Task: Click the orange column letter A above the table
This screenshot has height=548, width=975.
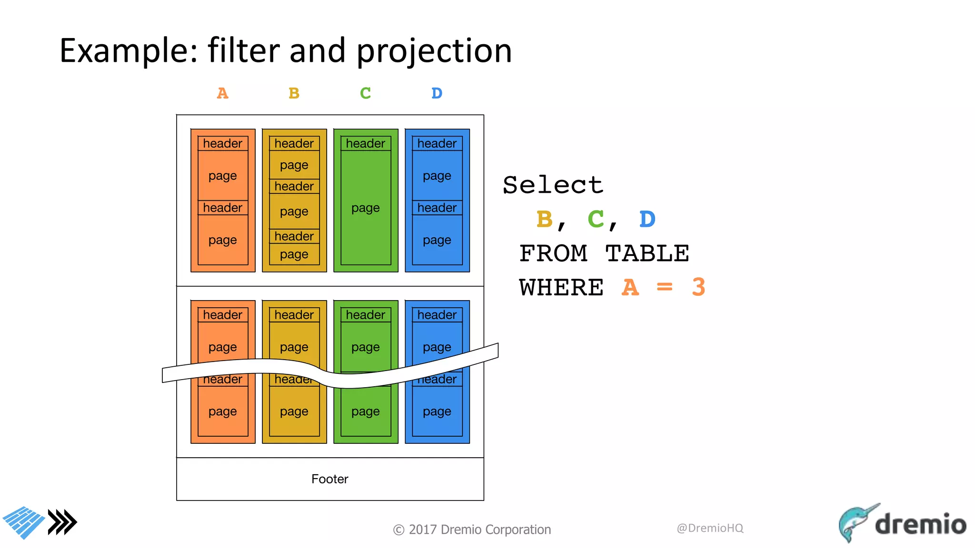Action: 222,93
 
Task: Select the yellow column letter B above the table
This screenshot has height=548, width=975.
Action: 294,93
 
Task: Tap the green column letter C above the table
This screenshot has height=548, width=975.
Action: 365,93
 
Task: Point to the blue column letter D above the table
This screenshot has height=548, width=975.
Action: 437,93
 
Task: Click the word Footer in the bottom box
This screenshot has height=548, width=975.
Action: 329,479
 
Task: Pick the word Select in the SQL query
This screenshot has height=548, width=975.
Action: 553,185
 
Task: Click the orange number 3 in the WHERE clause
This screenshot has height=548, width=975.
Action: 698,287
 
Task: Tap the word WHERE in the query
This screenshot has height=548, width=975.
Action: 561,287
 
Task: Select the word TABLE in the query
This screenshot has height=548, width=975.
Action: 647,253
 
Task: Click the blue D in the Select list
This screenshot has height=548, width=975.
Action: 647,219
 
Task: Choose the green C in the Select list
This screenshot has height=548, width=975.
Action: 596,219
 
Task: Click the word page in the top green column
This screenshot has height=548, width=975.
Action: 365,208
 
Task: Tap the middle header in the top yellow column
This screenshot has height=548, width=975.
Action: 294,186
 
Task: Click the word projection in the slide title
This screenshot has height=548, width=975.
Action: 434,51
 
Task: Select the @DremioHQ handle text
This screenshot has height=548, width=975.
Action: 710,528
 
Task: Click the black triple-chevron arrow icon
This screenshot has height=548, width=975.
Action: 62,522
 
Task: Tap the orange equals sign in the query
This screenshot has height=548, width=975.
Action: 664,287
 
